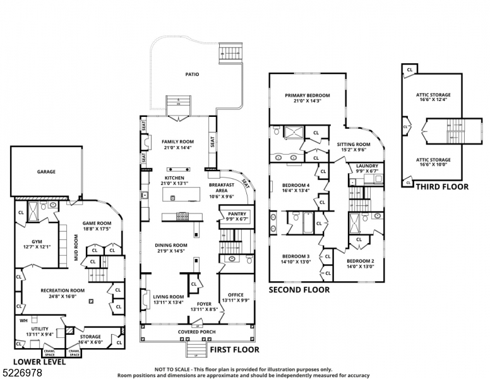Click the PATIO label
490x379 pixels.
pyautogui.click(x=193, y=75)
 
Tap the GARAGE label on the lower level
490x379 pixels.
pyautogui.click(x=45, y=171)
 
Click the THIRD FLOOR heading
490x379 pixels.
pyautogui.click(x=442, y=186)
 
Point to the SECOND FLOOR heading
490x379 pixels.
pyautogui.click(x=299, y=290)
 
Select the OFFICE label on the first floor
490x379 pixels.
pyautogui.click(x=236, y=294)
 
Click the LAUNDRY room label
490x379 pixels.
pyautogui.click(x=367, y=165)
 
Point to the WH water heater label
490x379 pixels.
pyautogui.click(x=23, y=320)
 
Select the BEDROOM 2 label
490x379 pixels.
pyautogui.click(x=360, y=260)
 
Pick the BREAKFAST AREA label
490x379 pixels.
pyautogui.click(x=222, y=187)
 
